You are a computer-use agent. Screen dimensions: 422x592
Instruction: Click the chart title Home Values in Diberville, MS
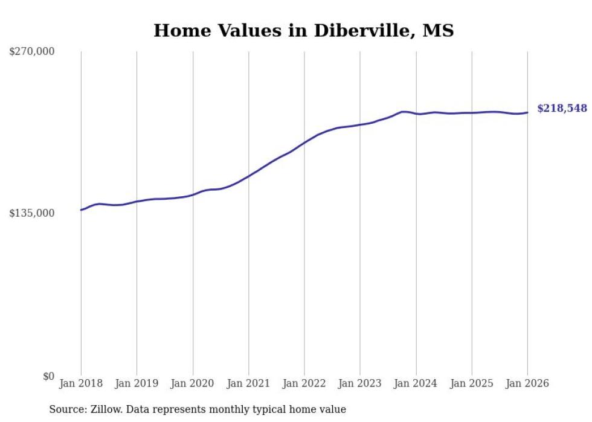tap(303, 31)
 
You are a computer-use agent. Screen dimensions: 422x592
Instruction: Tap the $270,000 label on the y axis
tap(32, 52)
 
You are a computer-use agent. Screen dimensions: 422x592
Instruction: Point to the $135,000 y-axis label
tap(32, 213)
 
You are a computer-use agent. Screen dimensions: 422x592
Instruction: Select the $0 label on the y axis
tap(48, 376)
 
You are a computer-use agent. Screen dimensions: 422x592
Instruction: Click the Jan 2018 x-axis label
tap(81, 383)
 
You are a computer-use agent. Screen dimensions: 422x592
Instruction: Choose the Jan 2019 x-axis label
tap(137, 383)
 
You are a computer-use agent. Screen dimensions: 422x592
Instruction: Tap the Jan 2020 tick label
tap(193, 383)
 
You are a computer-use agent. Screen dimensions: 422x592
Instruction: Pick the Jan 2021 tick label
tap(248, 383)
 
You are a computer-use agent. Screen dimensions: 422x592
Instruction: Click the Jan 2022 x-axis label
tap(304, 383)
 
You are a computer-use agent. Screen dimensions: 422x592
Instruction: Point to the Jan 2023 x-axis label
tap(360, 383)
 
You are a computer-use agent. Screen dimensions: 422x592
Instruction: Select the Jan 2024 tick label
tap(416, 383)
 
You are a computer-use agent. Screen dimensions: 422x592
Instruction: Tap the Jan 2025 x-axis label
tap(472, 383)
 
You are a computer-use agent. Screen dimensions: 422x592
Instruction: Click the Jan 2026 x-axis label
tap(527, 383)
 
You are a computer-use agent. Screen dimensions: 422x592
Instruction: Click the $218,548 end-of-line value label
tap(562, 109)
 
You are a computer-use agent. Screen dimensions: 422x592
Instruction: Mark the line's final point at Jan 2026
tap(527, 112)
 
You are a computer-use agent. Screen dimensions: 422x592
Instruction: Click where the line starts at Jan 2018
tap(81, 210)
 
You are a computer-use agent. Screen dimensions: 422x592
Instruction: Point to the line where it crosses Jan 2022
tap(304, 142)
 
